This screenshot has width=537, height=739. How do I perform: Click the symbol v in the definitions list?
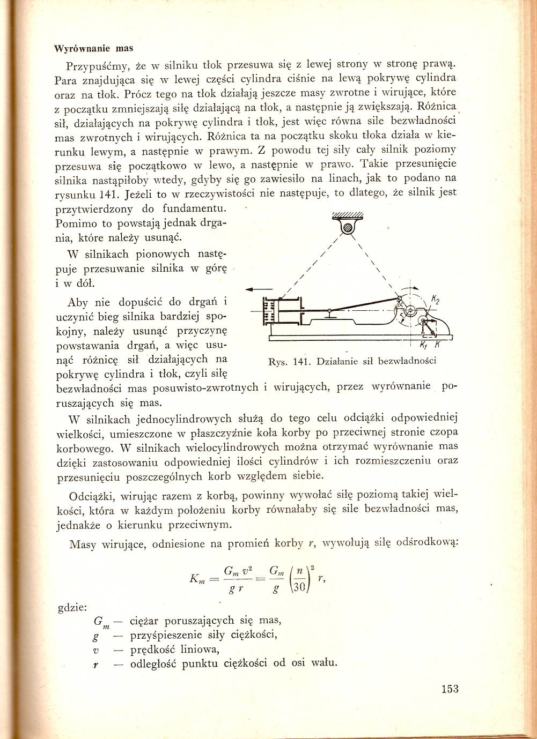[95, 650]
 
